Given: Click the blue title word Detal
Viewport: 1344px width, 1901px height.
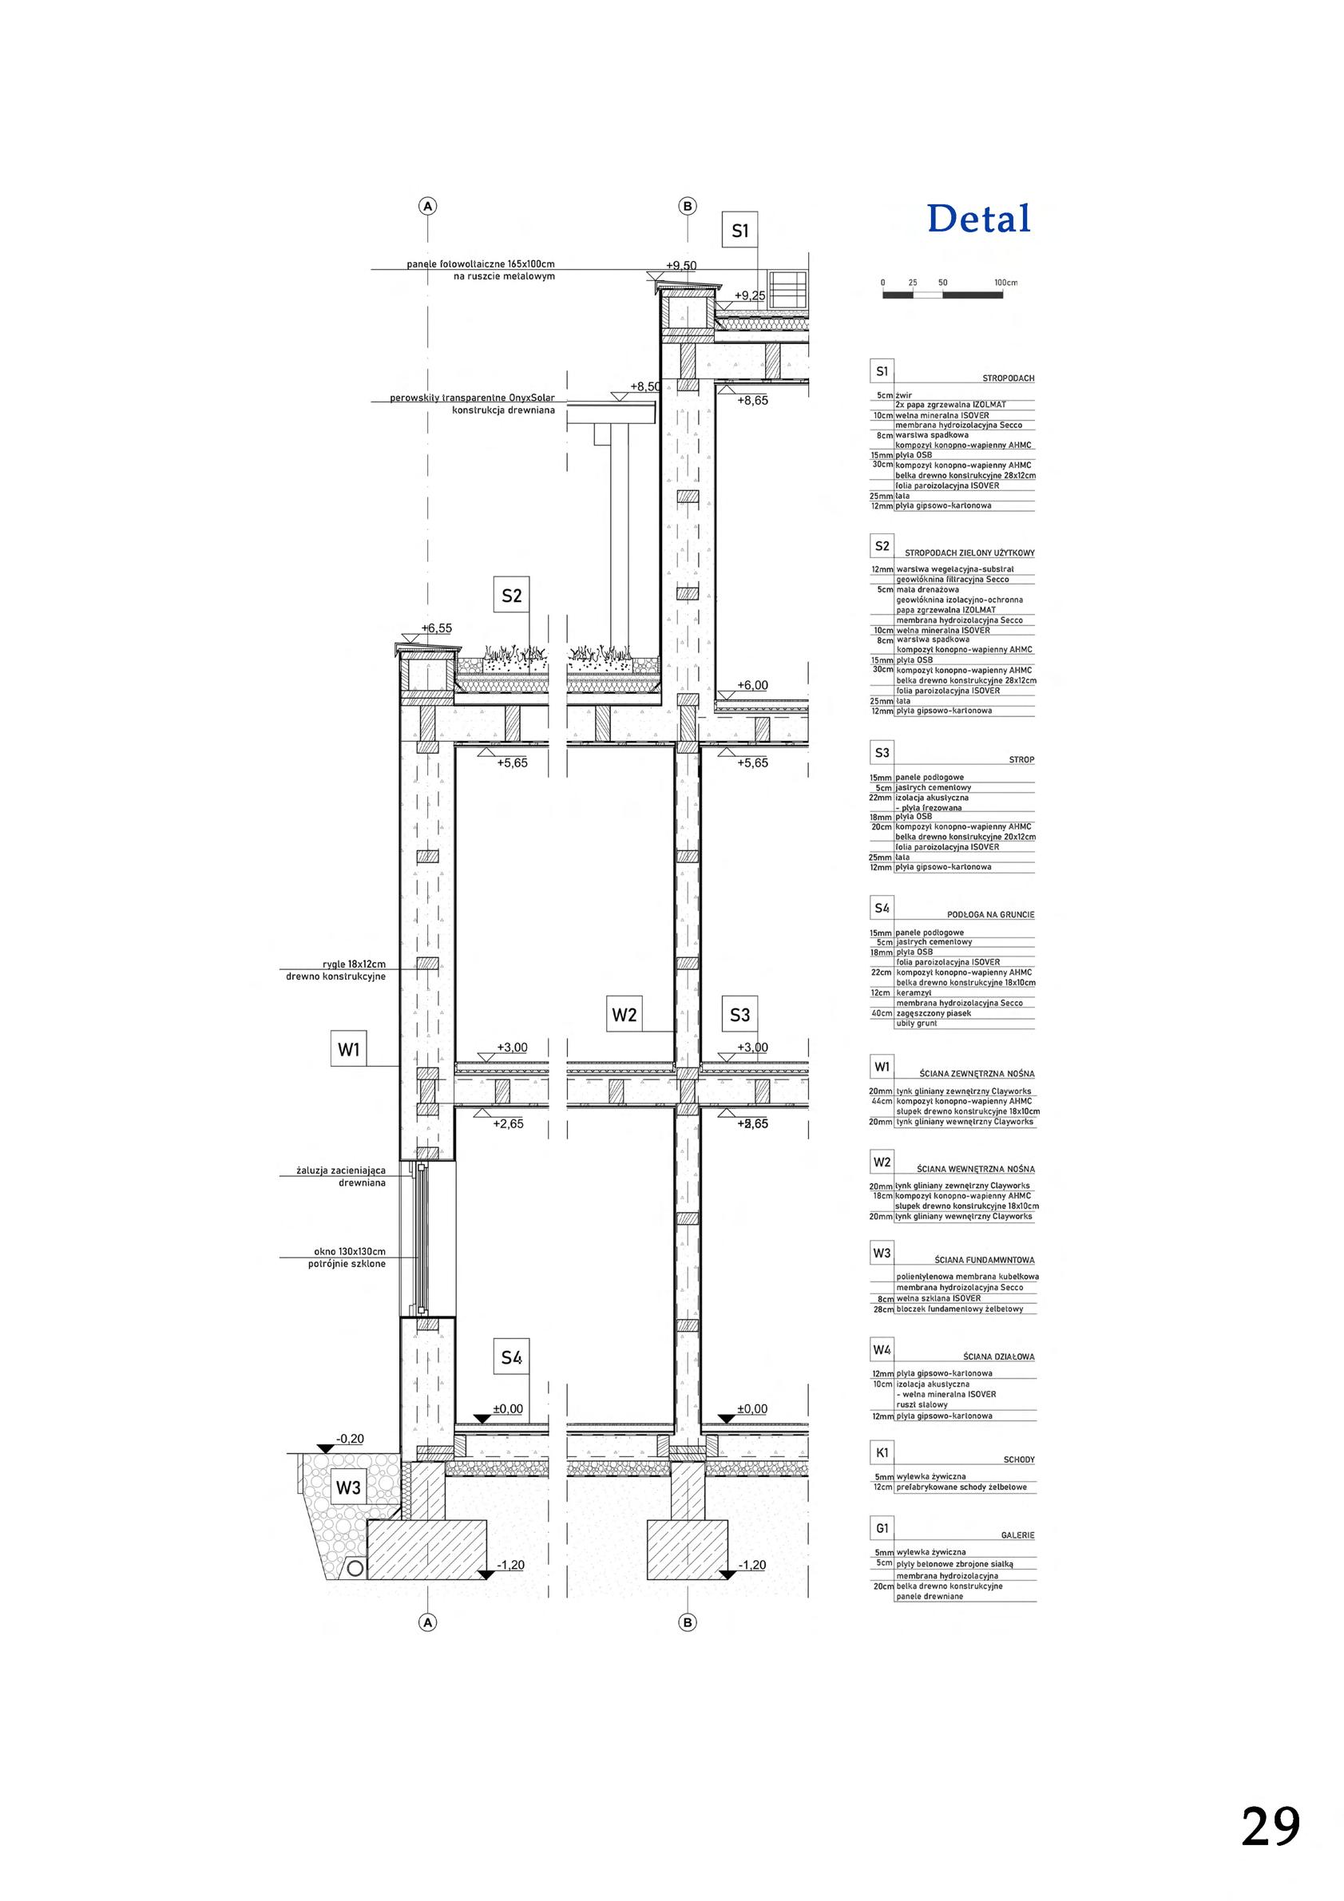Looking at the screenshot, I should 979,219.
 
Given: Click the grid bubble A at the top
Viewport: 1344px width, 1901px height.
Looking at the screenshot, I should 427,206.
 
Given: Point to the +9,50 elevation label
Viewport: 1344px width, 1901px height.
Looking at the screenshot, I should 680,266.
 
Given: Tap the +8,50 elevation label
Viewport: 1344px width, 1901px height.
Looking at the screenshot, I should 645,386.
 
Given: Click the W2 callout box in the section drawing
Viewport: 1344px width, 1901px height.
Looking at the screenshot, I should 624,1014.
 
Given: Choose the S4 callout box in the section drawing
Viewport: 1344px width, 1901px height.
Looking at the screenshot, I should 512,1358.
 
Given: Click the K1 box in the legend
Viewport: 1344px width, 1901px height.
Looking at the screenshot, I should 881,1452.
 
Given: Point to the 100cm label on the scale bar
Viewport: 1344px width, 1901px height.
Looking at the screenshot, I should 1006,283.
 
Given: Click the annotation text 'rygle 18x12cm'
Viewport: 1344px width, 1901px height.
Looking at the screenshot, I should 355,964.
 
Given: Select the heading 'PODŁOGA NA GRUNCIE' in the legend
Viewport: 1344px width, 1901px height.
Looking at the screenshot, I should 990,915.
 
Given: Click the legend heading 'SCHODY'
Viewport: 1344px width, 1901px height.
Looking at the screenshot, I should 1017,1460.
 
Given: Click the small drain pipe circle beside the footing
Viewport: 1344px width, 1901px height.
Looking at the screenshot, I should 355,1566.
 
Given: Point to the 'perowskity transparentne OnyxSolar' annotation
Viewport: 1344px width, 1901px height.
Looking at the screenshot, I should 472,398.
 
